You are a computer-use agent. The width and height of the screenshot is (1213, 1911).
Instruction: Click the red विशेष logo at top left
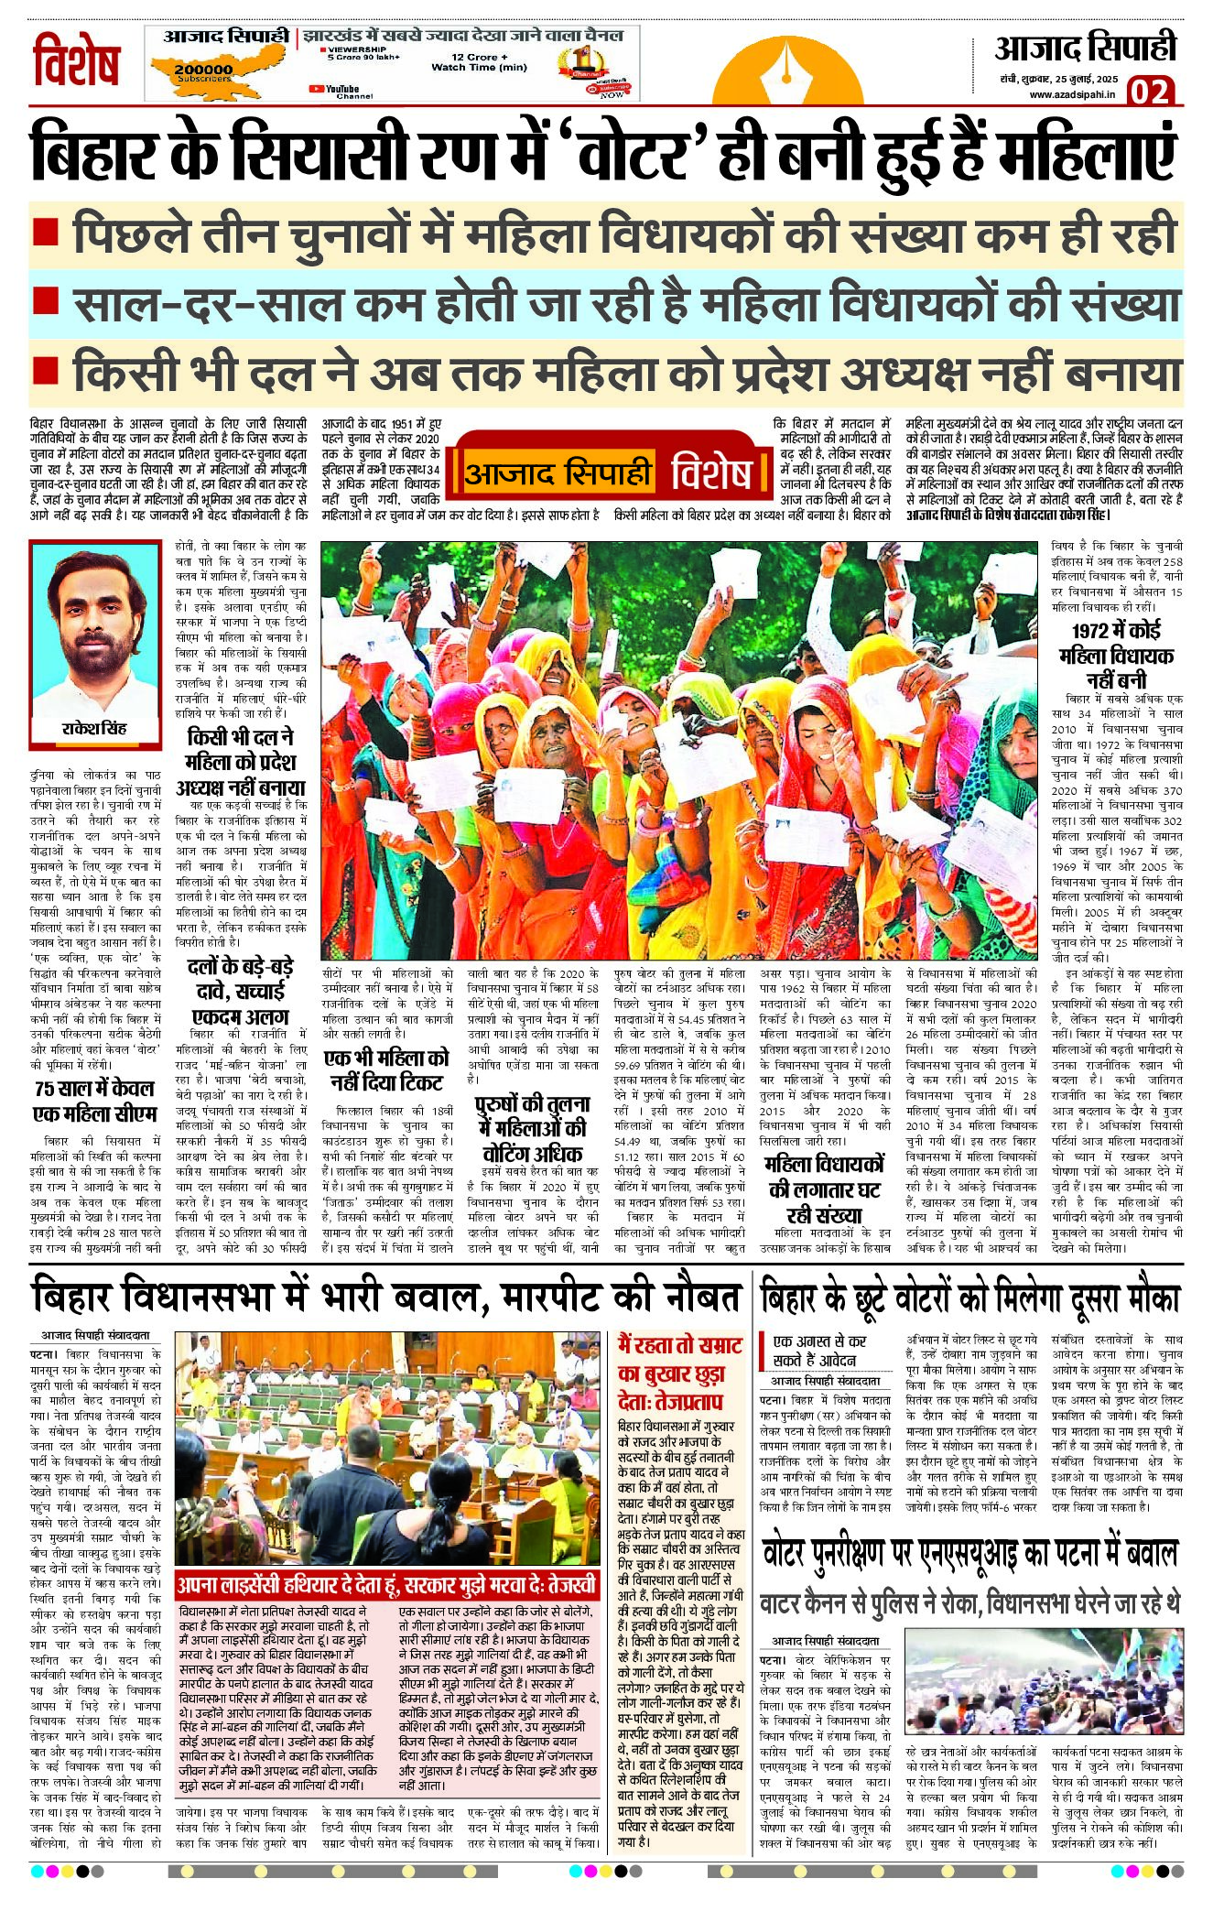tap(77, 61)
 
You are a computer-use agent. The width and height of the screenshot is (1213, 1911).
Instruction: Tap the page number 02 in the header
tap(1150, 92)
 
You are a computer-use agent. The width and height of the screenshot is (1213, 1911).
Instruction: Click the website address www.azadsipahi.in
tap(1072, 94)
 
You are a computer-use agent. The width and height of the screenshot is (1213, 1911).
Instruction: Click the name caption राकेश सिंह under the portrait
tap(94, 729)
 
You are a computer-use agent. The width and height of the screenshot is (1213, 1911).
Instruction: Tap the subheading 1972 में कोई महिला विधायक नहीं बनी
tap(1116, 656)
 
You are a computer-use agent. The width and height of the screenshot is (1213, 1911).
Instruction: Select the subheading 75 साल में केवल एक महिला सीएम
tap(94, 1102)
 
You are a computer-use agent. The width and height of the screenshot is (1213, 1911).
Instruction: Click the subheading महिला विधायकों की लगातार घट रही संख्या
tap(826, 1189)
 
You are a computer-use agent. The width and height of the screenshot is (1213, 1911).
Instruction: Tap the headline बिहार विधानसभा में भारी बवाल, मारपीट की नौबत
tap(385, 1298)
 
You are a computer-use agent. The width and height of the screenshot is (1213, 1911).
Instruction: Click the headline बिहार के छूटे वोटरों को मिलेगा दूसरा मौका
tap(969, 1298)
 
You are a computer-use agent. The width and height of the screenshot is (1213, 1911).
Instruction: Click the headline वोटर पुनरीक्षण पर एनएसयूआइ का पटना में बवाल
tap(969, 1554)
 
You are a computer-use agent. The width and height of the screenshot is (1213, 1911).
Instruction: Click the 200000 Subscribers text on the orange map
tap(203, 72)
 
